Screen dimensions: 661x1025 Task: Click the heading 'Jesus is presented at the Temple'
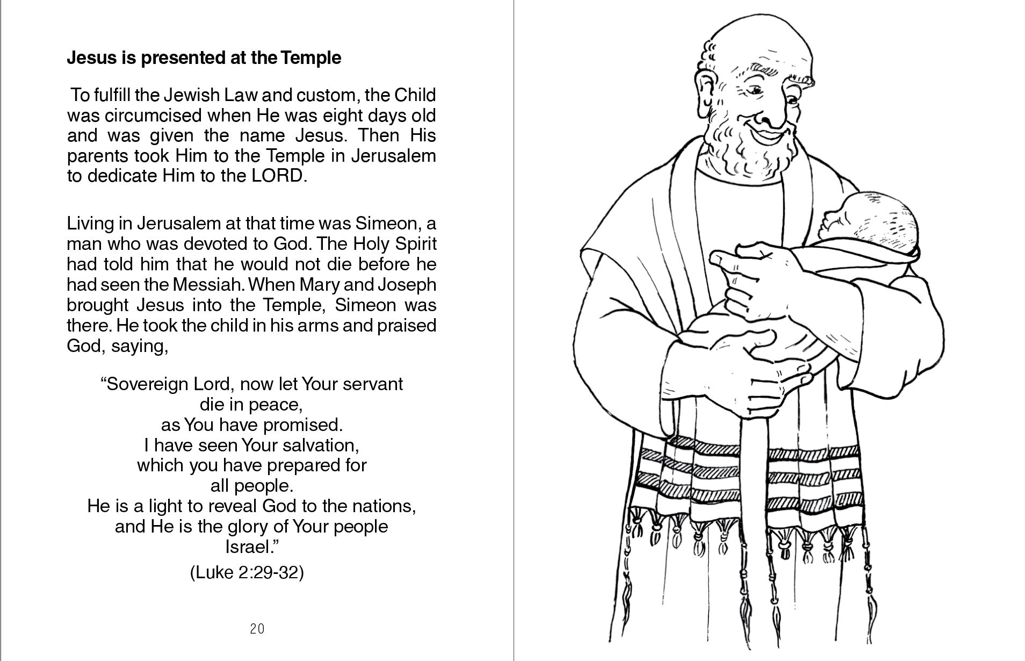pyautogui.click(x=204, y=58)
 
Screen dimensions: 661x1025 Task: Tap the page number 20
pyautogui.click(x=257, y=629)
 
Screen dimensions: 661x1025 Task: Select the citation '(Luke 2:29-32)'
pyautogui.click(x=247, y=573)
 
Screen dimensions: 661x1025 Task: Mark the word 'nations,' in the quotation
pyautogui.click(x=385, y=506)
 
